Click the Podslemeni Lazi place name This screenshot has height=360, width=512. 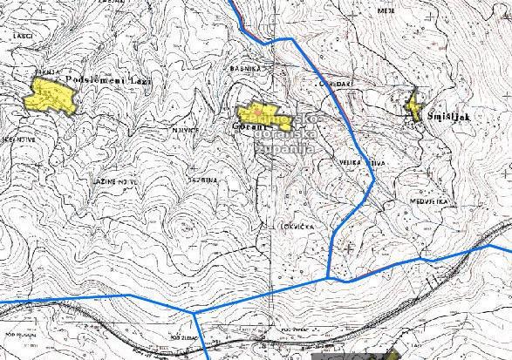[108, 80]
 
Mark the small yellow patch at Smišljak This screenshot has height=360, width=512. [414, 107]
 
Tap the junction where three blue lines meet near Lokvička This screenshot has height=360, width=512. [328, 278]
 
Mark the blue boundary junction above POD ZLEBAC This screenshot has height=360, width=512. [193, 310]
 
